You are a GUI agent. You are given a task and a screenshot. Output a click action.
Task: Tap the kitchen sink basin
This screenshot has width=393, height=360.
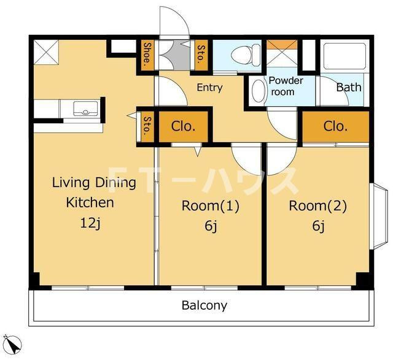point(85,109)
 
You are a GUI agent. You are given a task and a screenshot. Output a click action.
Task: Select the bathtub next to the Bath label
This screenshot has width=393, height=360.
point(344,56)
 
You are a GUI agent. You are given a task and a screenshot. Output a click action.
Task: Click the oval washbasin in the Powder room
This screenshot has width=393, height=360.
point(259,91)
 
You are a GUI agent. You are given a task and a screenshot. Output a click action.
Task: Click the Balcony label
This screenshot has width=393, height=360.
point(204,305)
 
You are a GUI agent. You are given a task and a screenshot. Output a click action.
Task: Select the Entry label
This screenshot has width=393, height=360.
point(209,88)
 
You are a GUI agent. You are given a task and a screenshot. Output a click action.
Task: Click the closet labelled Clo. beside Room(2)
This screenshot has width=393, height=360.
point(336,127)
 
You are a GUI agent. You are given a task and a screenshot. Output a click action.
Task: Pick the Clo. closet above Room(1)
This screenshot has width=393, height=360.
point(183,127)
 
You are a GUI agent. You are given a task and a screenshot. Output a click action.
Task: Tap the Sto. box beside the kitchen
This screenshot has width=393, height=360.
point(147,126)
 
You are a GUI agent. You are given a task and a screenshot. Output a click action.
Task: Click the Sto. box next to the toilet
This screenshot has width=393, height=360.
point(201,55)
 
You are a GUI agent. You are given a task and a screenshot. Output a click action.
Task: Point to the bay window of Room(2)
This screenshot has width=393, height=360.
point(379,216)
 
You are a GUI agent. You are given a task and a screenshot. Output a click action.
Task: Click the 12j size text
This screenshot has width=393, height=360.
point(90,223)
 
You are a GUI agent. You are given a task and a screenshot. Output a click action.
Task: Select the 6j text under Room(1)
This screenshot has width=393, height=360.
point(211,226)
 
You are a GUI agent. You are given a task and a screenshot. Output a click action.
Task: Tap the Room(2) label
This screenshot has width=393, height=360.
point(318,206)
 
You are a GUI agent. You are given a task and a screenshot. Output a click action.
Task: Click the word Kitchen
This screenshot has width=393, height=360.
point(90,202)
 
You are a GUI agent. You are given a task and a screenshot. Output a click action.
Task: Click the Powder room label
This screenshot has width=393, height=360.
point(286,86)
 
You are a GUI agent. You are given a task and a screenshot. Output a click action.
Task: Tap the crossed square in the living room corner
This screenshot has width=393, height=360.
point(46,52)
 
